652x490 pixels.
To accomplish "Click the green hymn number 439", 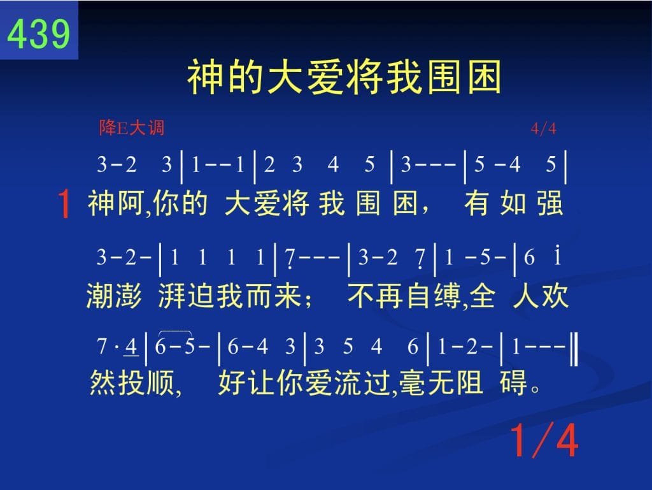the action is tap(39, 34).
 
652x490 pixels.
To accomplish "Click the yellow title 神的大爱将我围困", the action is tap(344, 77).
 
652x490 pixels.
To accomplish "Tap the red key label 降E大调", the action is tap(132, 127).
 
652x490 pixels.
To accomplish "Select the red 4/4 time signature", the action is tap(544, 129).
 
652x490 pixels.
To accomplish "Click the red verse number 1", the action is tap(64, 203).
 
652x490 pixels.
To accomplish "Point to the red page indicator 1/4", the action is tap(544, 440).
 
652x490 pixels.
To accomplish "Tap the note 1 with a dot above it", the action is tap(557, 256).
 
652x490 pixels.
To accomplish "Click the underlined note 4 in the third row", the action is tap(131, 347).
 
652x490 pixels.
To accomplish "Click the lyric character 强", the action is tap(549, 203).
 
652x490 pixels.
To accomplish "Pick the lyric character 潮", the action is tap(100, 296).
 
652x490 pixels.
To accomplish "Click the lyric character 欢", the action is tap(555, 296).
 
